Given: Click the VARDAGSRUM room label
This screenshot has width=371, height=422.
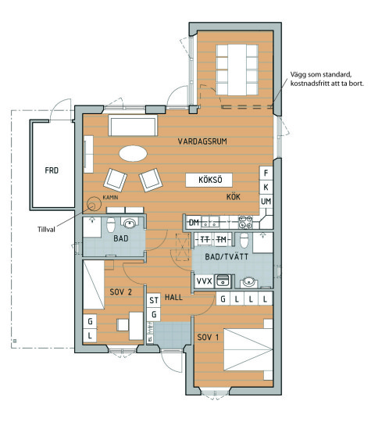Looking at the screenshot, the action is (x=202, y=141).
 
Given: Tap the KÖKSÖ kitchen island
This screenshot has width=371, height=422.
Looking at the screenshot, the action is (x=209, y=180).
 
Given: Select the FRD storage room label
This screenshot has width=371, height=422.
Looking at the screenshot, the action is (x=52, y=170).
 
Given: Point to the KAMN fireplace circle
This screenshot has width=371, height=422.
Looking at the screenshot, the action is (x=94, y=204).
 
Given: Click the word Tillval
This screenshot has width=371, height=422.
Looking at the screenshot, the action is (x=46, y=230).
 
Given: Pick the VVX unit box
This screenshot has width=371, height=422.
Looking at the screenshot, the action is (x=204, y=281).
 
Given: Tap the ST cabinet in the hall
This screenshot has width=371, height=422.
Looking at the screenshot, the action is (x=154, y=300).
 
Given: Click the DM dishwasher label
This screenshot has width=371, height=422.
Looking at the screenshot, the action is (x=194, y=222).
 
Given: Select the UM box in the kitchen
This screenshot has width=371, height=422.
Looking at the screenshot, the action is (x=266, y=201).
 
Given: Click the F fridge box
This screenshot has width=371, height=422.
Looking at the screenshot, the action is (x=266, y=173).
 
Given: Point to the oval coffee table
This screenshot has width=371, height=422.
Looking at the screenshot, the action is (x=133, y=153).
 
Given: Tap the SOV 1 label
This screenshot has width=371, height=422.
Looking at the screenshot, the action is (x=208, y=338).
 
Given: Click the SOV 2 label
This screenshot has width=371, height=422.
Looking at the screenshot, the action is (x=121, y=291).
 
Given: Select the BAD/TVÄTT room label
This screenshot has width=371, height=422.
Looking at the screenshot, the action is (x=227, y=256).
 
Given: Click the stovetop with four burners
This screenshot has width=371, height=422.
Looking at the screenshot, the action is (x=245, y=222).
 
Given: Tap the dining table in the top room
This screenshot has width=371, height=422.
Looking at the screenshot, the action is (x=237, y=70).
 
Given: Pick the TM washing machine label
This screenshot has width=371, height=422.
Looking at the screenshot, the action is (x=221, y=239).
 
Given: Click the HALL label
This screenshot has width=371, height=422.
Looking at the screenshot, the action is (x=173, y=298).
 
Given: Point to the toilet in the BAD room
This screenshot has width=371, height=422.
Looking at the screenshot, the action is (x=111, y=224).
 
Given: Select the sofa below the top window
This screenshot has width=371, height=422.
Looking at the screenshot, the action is (x=133, y=125).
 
